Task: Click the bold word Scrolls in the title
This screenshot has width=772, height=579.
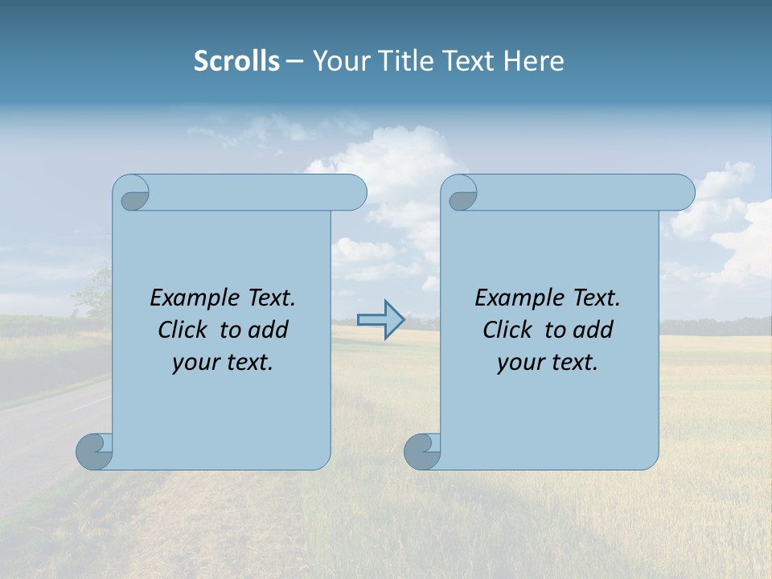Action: click(236, 61)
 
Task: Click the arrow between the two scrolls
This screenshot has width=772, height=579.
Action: click(380, 320)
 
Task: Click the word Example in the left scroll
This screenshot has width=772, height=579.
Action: click(191, 298)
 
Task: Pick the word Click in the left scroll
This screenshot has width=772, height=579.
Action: click(182, 331)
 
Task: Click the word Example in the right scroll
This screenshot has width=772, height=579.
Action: click(516, 298)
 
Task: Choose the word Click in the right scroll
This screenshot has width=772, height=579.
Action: click(507, 331)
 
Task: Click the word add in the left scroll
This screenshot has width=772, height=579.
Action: click(269, 331)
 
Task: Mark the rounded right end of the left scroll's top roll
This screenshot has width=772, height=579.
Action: click(354, 193)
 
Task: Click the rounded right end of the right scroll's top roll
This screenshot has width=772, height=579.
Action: click(682, 193)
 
